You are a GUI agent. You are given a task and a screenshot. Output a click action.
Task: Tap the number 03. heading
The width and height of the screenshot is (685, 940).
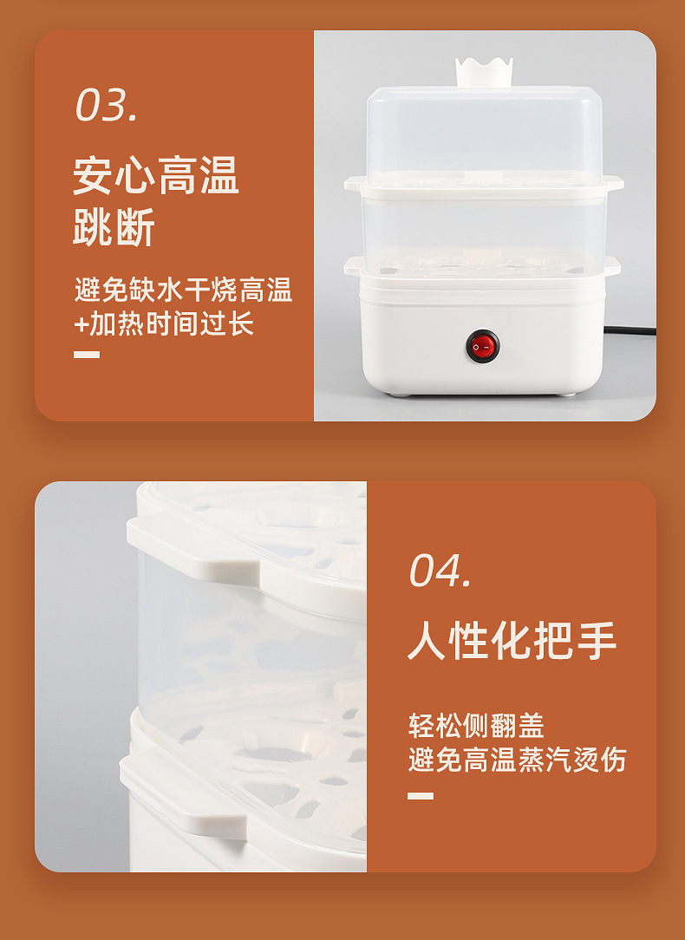[x=106, y=106]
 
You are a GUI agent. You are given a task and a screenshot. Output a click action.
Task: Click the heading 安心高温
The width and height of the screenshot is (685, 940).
[x=155, y=176]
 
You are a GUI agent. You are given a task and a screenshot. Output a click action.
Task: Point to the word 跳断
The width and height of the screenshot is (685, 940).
[x=114, y=228]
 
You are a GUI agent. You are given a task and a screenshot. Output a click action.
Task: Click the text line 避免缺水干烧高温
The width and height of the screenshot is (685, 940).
[x=183, y=290]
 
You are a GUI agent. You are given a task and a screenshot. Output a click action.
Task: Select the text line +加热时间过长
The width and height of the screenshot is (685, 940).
[x=164, y=323]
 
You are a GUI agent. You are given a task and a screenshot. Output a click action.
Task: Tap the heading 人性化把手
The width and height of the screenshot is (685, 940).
[x=512, y=642]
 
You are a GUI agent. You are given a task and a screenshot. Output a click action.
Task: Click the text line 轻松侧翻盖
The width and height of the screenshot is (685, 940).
[x=476, y=725]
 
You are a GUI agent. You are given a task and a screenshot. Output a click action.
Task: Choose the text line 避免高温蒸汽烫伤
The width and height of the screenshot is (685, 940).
[x=517, y=760]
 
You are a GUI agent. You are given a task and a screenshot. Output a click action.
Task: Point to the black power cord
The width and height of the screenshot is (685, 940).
[x=629, y=330]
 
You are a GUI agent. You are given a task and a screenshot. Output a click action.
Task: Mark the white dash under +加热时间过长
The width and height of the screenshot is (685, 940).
[x=87, y=354]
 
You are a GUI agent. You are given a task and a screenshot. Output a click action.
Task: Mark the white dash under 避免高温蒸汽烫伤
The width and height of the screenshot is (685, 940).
[x=421, y=795]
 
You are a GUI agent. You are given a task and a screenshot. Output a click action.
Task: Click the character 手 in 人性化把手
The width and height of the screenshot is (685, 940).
[x=597, y=642]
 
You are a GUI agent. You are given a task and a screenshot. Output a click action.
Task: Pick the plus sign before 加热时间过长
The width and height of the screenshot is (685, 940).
[x=81, y=324]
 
